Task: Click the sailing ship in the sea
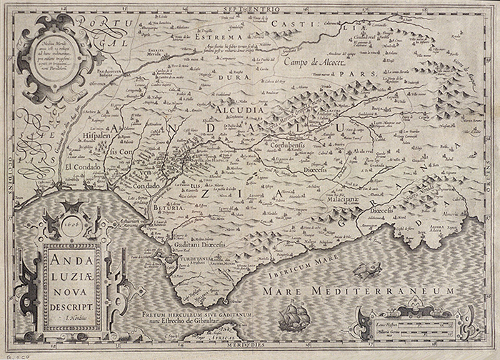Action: (x=292, y=316)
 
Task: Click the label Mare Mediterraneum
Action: (x=358, y=291)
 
